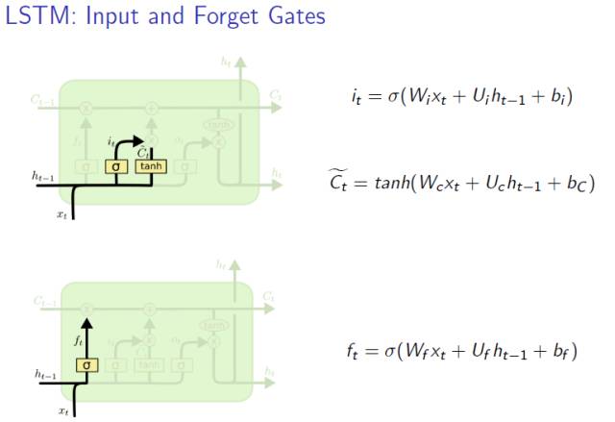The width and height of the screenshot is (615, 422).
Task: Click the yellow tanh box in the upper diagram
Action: [x=151, y=167]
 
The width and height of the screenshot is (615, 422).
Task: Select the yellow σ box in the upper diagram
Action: [x=116, y=167]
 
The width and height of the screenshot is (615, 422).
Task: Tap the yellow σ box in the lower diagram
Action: [x=86, y=365]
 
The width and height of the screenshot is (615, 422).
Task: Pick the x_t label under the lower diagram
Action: [x=62, y=411]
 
